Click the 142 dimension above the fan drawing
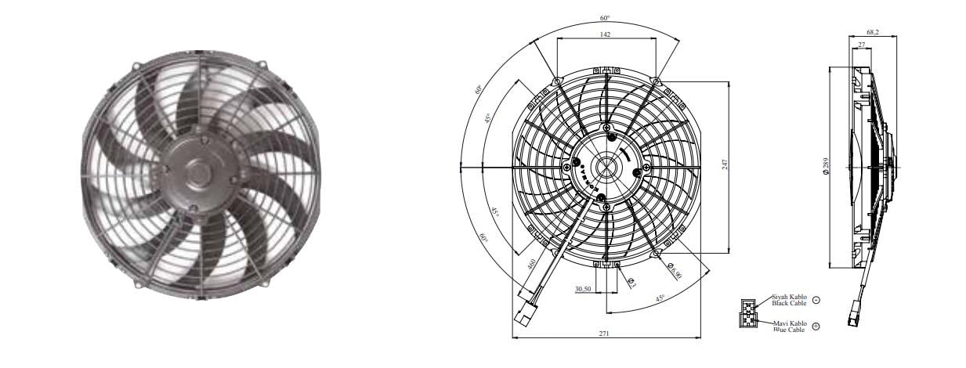tap(606, 34)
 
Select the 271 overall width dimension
tap(605, 334)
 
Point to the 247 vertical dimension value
tap(726, 164)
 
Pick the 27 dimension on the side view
tap(862, 45)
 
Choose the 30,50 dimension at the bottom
tap(582, 289)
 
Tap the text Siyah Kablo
tap(789, 298)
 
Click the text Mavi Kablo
tap(789, 323)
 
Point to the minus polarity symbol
tap(816, 301)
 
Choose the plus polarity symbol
tap(816, 326)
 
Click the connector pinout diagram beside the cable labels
tap(748, 312)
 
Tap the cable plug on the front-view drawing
tap(523, 318)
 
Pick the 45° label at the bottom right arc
tap(660, 298)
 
